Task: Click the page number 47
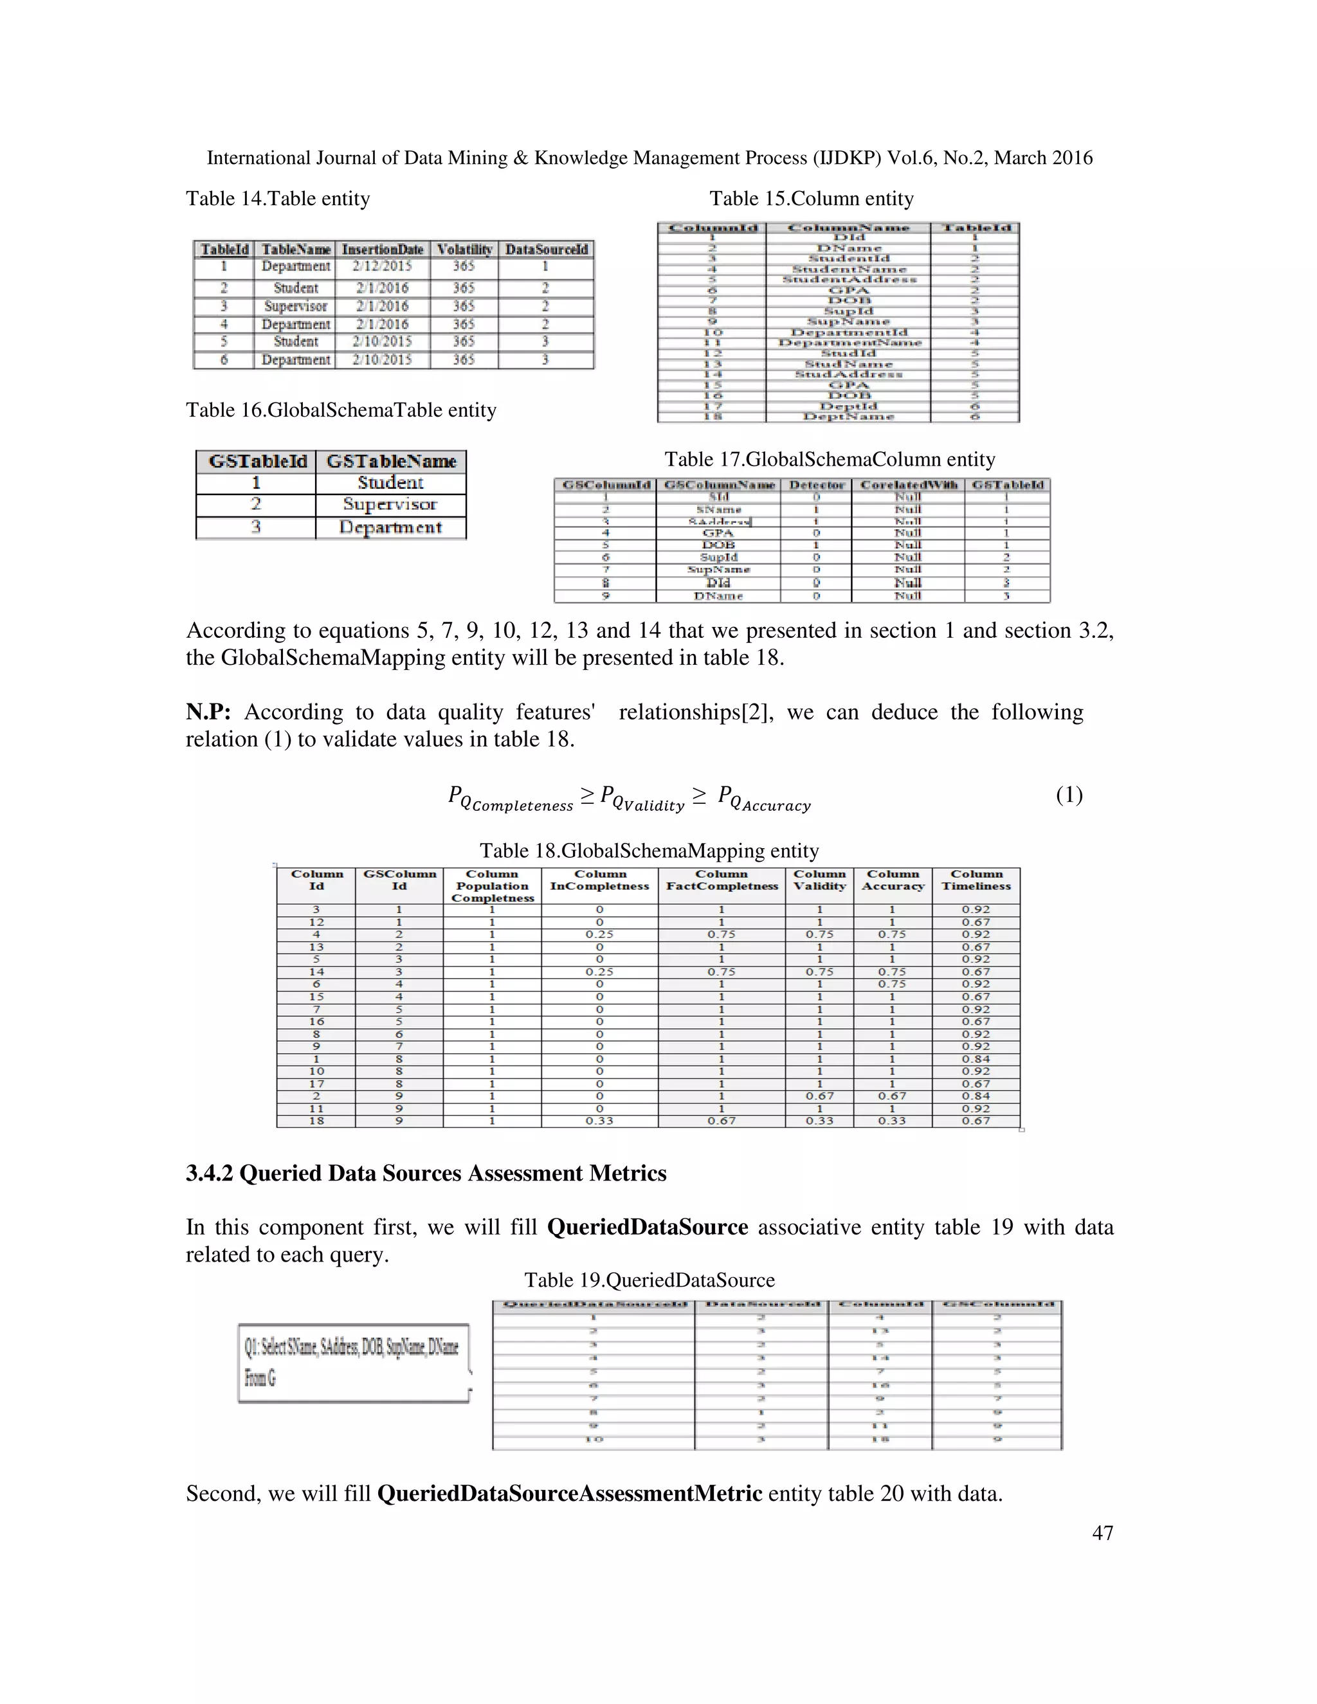(1102, 1532)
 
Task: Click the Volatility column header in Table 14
(464, 249)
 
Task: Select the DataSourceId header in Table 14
(546, 249)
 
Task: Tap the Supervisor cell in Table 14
(296, 306)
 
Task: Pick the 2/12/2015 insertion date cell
(383, 267)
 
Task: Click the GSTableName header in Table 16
(391, 462)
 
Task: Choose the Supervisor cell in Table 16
(390, 504)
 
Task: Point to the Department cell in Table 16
(390, 527)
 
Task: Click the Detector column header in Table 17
(816, 485)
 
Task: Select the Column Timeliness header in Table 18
(976, 880)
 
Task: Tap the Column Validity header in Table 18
(819, 880)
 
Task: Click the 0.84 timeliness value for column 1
(976, 1059)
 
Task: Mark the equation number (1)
(1069, 795)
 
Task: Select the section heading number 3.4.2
(209, 1174)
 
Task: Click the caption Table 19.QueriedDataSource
(649, 1280)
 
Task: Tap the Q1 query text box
(354, 1363)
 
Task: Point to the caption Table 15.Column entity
(812, 199)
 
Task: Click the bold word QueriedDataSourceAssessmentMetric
(570, 1493)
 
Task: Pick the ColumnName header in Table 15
(848, 228)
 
